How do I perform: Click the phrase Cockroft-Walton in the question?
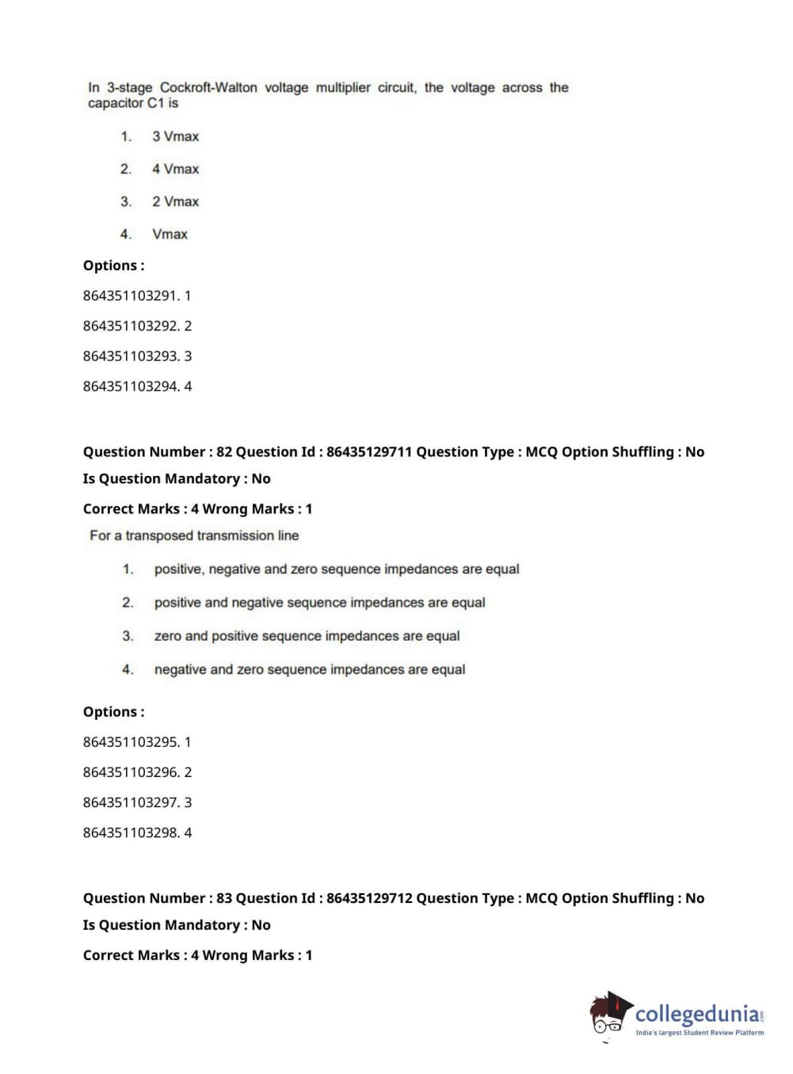tap(208, 88)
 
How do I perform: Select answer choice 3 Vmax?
tap(175, 136)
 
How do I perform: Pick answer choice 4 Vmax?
tap(175, 169)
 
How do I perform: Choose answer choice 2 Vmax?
tap(175, 201)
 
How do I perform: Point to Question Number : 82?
tap(157, 451)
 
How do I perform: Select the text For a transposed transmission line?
tap(194, 535)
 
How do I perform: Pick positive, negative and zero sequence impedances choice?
tap(337, 569)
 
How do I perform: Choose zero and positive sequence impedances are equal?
tap(307, 636)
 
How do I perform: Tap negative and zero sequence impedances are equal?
tap(310, 669)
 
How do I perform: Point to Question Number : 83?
tap(157, 898)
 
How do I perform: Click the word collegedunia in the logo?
tap(697, 1013)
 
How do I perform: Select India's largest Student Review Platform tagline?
tap(700, 1033)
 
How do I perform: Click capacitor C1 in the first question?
tap(133, 103)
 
